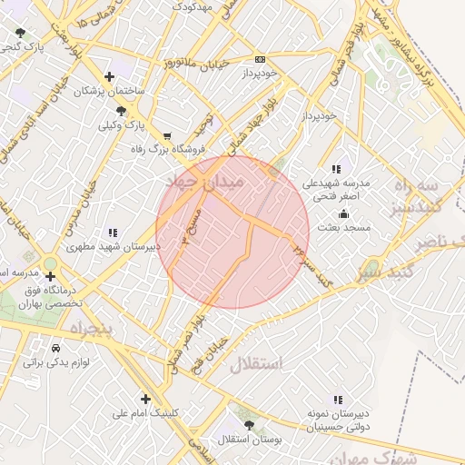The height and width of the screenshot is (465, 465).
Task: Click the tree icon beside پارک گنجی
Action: (x=20, y=34)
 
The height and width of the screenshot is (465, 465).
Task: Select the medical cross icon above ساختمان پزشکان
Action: (x=110, y=76)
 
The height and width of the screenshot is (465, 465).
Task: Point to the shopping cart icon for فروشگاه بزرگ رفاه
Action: (x=166, y=136)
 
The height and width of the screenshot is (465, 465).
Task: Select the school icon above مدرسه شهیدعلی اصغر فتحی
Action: (x=336, y=169)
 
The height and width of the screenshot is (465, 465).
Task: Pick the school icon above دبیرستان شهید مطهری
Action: (x=113, y=232)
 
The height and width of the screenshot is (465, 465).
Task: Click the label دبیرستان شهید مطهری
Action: (x=113, y=246)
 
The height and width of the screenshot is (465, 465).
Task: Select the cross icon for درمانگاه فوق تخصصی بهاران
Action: (x=50, y=276)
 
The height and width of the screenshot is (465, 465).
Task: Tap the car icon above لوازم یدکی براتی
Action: (x=56, y=349)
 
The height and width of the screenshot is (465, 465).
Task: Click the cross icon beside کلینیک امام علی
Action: (x=145, y=399)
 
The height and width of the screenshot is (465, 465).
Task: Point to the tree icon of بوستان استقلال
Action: (x=250, y=425)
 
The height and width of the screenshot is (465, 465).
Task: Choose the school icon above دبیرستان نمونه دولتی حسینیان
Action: (x=338, y=399)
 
